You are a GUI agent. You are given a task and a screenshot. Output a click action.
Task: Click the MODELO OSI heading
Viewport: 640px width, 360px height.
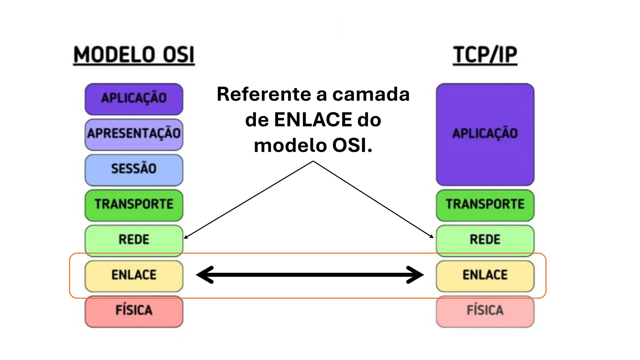tap(134, 55)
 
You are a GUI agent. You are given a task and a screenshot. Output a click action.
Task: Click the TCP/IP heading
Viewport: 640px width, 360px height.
tap(485, 55)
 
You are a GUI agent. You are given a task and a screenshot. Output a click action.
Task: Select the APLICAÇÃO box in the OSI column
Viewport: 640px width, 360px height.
tap(134, 99)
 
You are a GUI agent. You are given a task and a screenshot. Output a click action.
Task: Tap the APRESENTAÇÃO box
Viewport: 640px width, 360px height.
tap(134, 134)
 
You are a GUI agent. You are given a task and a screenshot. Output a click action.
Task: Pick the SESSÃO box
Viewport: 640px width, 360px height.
tap(134, 169)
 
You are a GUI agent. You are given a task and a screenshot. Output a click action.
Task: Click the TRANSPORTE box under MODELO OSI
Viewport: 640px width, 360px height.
tap(134, 205)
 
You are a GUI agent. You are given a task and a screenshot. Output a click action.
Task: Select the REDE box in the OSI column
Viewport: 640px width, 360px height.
tap(134, 240)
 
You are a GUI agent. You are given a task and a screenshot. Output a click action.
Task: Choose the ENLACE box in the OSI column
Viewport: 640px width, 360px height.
tap(134, 275)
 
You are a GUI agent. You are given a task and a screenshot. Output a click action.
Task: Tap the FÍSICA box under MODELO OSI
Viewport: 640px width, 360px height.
tap(134, 311)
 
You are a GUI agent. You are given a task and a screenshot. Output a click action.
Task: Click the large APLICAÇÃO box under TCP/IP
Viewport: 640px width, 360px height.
tap(485, 134)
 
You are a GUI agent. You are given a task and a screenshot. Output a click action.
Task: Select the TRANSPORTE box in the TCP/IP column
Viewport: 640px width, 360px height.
tap(485, 205)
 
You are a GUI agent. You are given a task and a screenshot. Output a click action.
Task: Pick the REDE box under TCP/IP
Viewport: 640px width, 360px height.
tap(485, 240)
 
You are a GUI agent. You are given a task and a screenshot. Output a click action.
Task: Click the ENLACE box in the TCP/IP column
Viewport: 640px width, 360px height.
tap(485, 275)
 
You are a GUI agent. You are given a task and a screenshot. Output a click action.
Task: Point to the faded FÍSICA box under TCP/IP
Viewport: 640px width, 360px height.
tap(485, 311)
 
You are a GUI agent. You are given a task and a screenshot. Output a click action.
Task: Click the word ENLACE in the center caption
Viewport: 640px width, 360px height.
tap(313, 120)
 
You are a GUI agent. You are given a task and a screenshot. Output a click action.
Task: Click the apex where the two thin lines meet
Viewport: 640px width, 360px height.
tap(313, 161)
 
